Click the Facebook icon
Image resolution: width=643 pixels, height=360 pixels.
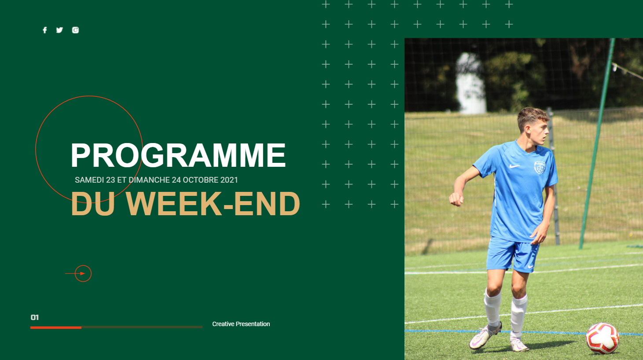coord(45,30)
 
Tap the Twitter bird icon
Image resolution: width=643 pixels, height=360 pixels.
coord(59,30)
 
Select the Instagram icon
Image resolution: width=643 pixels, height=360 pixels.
coord(75,30)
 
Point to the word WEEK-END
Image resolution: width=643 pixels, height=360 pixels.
coord(213,203)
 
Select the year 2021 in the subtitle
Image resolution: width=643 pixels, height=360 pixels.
coord(229,180)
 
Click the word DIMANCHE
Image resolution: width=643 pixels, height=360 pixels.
coord(149,180)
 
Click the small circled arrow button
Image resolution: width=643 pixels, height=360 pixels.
coord(83,274)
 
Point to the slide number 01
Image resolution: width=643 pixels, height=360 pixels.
coord(35,317)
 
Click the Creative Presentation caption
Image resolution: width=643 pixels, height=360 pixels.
coord(241,324)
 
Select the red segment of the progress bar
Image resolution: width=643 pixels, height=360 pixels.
coord(56,327)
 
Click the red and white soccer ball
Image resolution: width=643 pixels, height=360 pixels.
coord(602,338)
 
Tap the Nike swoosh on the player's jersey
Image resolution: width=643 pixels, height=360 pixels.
coord(514,166)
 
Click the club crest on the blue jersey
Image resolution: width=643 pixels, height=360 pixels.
coord(540,168)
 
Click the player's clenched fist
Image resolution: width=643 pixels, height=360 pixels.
coord(456,198)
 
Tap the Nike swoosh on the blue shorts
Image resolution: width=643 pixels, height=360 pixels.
coord(531,266)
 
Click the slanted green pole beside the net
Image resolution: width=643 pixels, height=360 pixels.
coord(597,143)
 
